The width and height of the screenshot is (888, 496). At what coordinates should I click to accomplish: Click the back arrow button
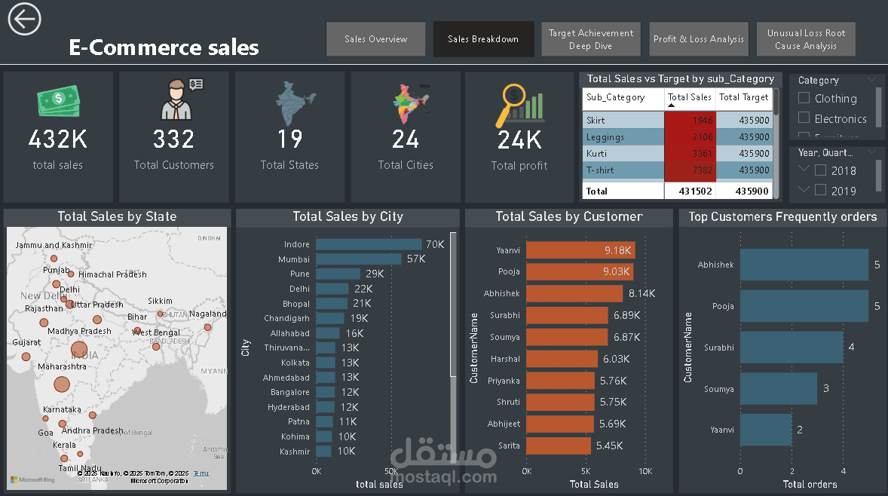click(24, 19)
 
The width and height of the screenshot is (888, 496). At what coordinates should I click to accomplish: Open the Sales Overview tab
click(375, 39)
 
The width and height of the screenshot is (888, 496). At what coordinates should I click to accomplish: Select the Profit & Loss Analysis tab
click(698, 39)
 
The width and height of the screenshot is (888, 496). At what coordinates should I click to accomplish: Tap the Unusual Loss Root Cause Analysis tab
click(806, 39)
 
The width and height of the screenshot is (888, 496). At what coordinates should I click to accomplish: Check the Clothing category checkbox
click(804, 98)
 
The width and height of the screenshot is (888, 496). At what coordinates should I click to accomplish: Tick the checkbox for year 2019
click(821, 191)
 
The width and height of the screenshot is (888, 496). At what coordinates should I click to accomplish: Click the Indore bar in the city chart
click(369, 244)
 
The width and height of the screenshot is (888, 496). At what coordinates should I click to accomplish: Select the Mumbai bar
click(358, 259)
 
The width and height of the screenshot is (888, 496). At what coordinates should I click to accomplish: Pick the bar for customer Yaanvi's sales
click(580, 250)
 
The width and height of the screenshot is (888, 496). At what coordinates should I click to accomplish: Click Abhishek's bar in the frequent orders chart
click(804, 265)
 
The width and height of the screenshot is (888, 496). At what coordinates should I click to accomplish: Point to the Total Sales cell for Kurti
click(690, 154)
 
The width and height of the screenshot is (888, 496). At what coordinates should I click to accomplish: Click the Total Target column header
click(743, 97)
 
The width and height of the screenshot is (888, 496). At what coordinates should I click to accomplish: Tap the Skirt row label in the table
click(596, 121)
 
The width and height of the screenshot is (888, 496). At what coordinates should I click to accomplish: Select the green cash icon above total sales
click(57, 102)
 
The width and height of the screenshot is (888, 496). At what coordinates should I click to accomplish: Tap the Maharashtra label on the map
click(62, 366)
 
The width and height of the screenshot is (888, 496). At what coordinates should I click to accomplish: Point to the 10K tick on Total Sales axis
click(645, 471)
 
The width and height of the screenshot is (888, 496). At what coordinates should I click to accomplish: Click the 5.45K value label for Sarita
click(609, 445)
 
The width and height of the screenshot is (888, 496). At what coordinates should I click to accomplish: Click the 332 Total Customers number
click(173, 139)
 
